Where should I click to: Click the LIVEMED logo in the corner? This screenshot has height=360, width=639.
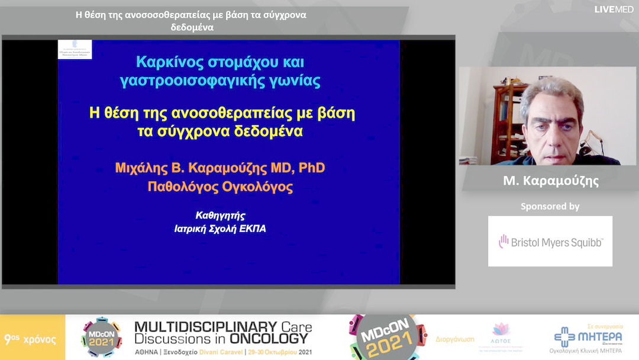[614, 9]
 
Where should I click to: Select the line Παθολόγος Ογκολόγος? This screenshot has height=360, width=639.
[220, 188]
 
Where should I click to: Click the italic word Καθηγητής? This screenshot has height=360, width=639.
[220, 216]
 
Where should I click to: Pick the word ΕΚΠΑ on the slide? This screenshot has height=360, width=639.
[253, 229]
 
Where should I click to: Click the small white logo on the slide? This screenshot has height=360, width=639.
[75, 50]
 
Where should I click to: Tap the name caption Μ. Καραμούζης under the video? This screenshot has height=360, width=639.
[551, 181]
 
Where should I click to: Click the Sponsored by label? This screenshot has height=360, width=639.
[550, 207]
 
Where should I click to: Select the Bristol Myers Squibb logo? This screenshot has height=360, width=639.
[550, 241]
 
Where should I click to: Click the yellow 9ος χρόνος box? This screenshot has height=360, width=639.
[31, 339]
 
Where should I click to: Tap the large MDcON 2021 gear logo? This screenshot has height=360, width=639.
[388, 337]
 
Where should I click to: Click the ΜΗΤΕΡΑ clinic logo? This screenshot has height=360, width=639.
[588, 336]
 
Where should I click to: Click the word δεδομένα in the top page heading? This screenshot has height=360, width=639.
[192, 27]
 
